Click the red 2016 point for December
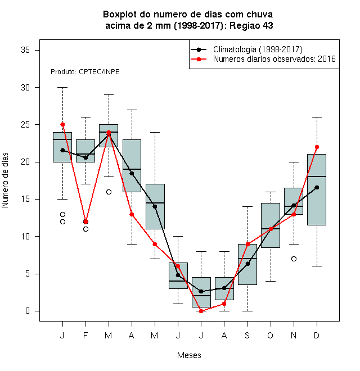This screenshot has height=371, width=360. point(317,147)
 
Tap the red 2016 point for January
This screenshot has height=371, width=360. point(62,124)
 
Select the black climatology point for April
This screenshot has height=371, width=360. point(132,174)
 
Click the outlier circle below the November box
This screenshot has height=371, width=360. point(294,259)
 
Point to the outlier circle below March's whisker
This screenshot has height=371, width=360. point(109,192)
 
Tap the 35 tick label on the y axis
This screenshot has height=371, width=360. point(25,50)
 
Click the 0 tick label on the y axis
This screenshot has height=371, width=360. point(28,311)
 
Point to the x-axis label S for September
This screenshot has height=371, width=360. point(247,335)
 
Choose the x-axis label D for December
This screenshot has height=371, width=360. point(317,335)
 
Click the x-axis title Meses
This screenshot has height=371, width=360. point(189,355)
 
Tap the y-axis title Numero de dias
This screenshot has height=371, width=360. point(5,180)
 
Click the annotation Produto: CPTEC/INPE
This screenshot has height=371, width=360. point(85,72)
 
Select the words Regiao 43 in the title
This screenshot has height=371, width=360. point(251,25)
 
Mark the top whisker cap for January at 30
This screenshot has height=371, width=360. point(62,87)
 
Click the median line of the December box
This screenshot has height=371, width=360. point(317,177)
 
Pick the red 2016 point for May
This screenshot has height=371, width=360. point(155,244)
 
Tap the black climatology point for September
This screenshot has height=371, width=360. point(247,264)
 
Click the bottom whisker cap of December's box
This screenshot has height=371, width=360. point(317,266)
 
